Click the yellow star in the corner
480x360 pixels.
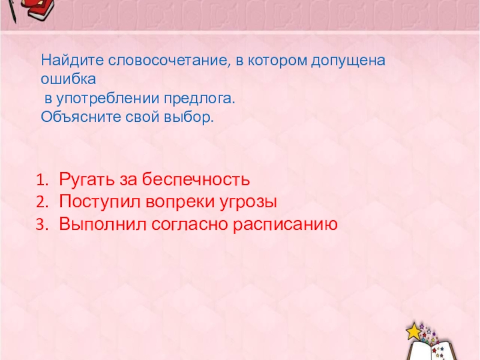pos(413,331)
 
